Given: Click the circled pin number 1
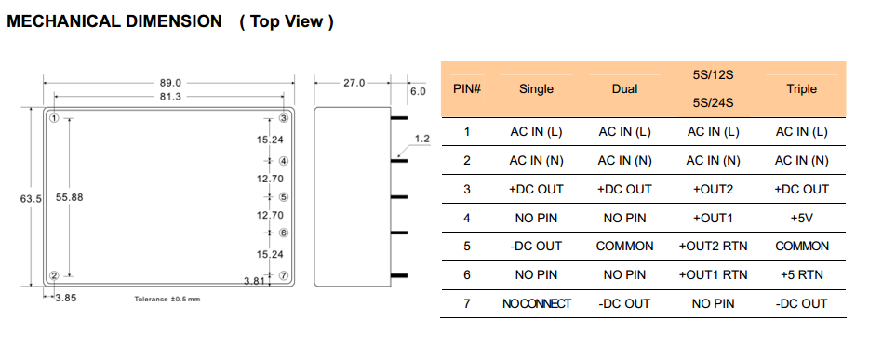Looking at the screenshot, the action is [x=54, y=118].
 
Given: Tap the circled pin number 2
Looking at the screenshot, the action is [x=54, y=276].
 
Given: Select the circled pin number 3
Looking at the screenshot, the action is [x=283, y=118].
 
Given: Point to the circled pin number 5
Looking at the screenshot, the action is [x=283, y=197].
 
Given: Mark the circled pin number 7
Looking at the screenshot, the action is [x=283, y=275].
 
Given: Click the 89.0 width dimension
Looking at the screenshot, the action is [x=170, y=83].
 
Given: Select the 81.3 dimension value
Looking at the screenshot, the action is [x=170, y=97].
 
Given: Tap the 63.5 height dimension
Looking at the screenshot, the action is [x=31, y=198].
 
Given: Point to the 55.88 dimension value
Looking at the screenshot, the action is [x=69, y=197].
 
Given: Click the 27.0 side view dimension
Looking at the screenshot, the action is [x=354, y=83].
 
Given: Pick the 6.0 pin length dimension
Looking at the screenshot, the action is [x=418, y=91].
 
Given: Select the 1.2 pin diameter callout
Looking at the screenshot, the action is [x=422, y=139].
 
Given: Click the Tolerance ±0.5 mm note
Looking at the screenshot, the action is [x=167, y=300].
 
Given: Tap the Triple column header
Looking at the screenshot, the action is [x=801, y=89].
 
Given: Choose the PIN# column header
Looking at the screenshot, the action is [x=467, y=88].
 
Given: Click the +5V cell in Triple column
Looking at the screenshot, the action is [x=801, y=219].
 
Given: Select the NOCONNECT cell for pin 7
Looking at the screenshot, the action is [x=537, y=303].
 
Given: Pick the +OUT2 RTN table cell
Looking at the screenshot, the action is [x=713, y=246].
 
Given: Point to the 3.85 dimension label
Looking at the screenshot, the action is [x=66, y=298].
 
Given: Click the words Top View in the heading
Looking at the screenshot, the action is [x=286, y=21].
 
